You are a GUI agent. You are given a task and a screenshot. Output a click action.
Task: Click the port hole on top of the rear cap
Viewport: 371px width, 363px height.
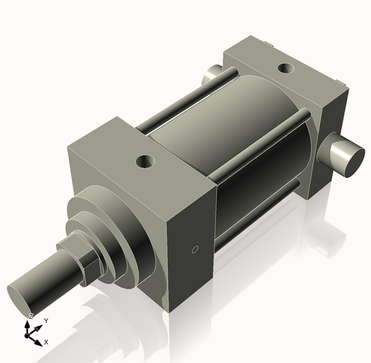pyautogui.click(x=284, y=69)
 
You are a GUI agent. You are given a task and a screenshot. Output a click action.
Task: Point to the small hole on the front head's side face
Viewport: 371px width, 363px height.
pyautogui.click(x=195, y=250)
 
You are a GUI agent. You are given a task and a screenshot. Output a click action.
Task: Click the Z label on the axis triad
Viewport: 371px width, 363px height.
pyautogui.click(x=30, y=316)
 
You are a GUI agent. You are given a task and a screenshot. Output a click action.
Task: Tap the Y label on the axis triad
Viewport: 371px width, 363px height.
pyautogui.click(x=46, y=320)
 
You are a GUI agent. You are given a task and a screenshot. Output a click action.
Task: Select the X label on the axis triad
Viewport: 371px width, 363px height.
pyautogui.click(x=46, y=342)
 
